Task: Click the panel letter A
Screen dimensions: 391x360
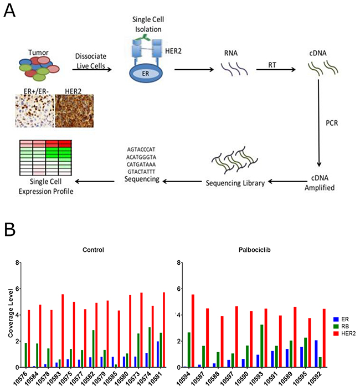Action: tap(10, 11)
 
